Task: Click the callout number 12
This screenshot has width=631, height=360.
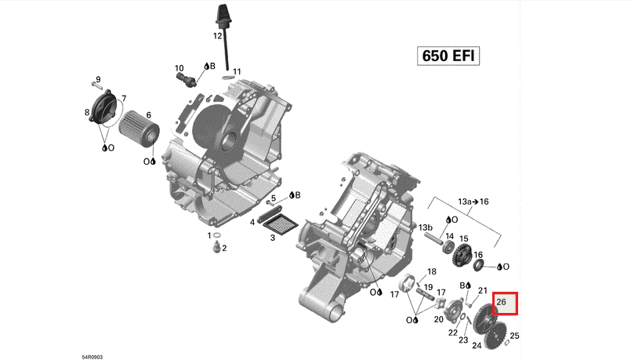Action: tap(218, 36)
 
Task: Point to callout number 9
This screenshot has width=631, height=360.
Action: tap(98, 79)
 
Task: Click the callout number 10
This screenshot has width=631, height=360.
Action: tap(179, 68)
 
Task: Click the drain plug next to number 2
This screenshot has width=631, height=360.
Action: tap(215, 249)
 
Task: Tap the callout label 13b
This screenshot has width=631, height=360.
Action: tap(426, 227)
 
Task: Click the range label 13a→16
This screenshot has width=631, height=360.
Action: tap(473, 202)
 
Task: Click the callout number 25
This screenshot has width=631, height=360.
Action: tap(514, 336)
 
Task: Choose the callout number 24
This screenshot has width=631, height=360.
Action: tap(477, 345)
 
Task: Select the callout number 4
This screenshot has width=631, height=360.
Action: tap(252, 223)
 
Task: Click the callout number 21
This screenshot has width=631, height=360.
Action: tap(483, 291)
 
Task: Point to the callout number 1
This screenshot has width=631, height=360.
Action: tap(209, 235)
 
